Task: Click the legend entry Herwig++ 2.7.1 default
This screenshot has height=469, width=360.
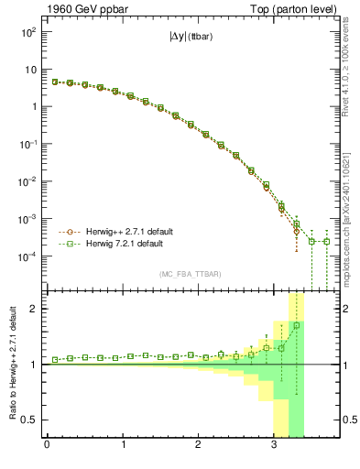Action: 128,232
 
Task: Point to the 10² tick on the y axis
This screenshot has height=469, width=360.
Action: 27,31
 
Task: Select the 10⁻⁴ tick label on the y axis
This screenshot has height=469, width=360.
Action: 27,257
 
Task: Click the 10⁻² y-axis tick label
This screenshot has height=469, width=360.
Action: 27,182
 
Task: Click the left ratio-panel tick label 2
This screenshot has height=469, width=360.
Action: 33,309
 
